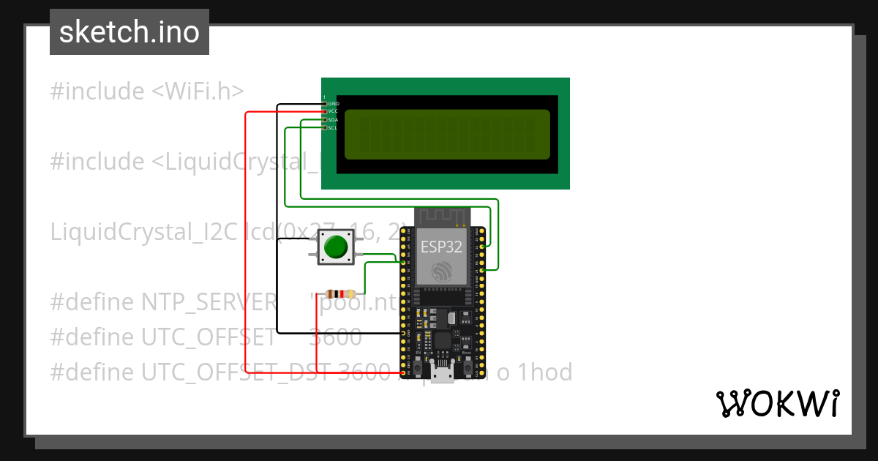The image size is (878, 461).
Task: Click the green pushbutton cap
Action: tap(335, 247)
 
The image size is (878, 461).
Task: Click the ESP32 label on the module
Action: tap(441, 247)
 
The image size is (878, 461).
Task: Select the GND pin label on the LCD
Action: tap(334, 104)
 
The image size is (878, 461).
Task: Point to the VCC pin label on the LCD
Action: tap(333, 111)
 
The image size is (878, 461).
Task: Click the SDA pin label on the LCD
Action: tap(333, 119)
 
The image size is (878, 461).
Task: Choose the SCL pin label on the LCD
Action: tap(333, 127)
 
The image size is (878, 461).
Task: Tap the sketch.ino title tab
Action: tap(130, 32)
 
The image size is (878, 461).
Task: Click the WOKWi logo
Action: tap(777, 403)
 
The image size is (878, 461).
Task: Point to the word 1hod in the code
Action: tap(544, 372)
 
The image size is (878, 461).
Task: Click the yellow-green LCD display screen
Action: tap(446, 135)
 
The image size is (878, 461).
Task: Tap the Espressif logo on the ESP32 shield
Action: tap(441, 272)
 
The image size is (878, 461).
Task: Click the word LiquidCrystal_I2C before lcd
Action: tap(143, 232)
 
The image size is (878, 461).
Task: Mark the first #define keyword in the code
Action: tap(93, 301)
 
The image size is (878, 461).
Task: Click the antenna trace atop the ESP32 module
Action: tap(441, 217)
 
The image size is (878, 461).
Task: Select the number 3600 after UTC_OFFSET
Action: tap(335, 337)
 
